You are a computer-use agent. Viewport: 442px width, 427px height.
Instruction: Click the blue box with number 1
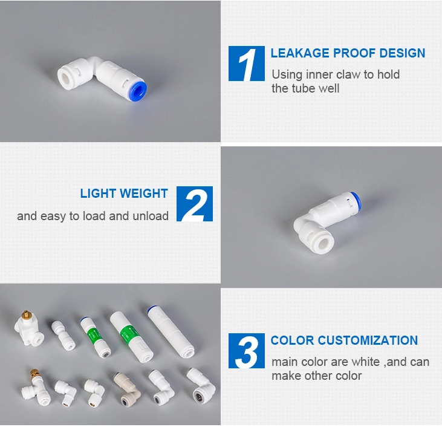(246, 64)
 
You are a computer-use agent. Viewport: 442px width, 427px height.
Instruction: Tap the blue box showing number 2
(195, 204)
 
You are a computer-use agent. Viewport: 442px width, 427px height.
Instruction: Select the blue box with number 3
(246, 351)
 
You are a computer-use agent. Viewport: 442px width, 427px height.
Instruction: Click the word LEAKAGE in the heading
(300, 53)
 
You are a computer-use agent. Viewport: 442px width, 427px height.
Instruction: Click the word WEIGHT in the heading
(144, 194)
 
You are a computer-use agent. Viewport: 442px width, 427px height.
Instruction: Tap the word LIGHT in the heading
(99, 194)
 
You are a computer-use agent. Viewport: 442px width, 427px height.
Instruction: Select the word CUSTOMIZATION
(368, 340)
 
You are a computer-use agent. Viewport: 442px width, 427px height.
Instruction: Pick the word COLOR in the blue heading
(292, 340)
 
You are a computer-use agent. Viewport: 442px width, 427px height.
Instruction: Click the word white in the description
(366, 362)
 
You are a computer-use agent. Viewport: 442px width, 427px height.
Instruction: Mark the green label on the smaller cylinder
(93, 335)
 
